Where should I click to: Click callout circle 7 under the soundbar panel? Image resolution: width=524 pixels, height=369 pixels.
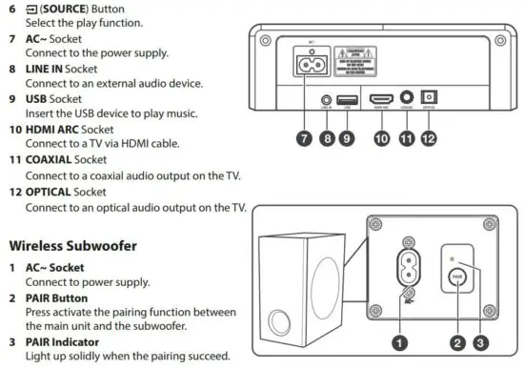[x=304, y=139]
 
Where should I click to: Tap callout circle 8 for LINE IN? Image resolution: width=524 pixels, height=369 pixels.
[x=328, y=139]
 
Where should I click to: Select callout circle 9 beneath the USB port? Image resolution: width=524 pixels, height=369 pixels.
[x=349, y=139]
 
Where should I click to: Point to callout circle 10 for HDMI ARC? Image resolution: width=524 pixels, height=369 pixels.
[x=382, y=139]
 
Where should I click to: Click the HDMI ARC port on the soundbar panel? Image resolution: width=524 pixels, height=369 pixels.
[x=382, y=99]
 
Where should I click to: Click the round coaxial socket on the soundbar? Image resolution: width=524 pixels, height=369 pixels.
[x=409, y=97]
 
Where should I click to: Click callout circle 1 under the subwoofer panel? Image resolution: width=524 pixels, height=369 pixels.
[x=400, y=339]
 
